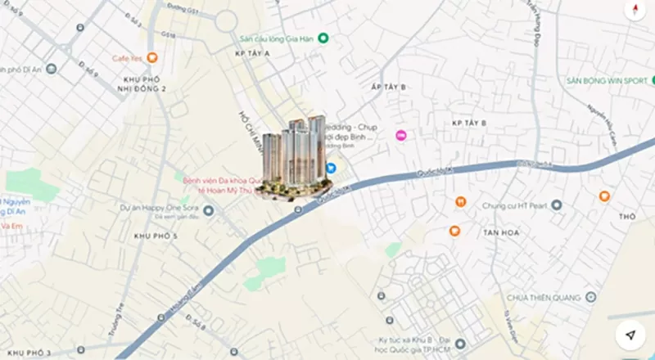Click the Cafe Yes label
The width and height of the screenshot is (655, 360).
[129, 58]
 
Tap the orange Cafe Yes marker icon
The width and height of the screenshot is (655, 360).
[153, 58]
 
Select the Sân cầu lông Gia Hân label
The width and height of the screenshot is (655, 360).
[277, 38]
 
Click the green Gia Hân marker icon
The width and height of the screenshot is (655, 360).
[323, 38]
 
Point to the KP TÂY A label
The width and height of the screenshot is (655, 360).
[252, 53]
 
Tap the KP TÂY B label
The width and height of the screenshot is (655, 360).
[469, 123]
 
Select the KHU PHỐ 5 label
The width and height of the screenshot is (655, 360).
[155, 236]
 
